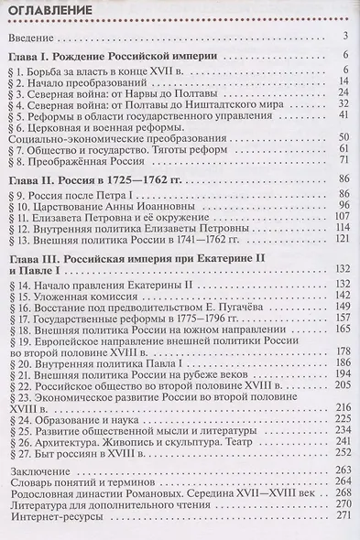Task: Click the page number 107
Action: coord(344,216)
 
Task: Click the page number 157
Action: coord(344,319)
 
